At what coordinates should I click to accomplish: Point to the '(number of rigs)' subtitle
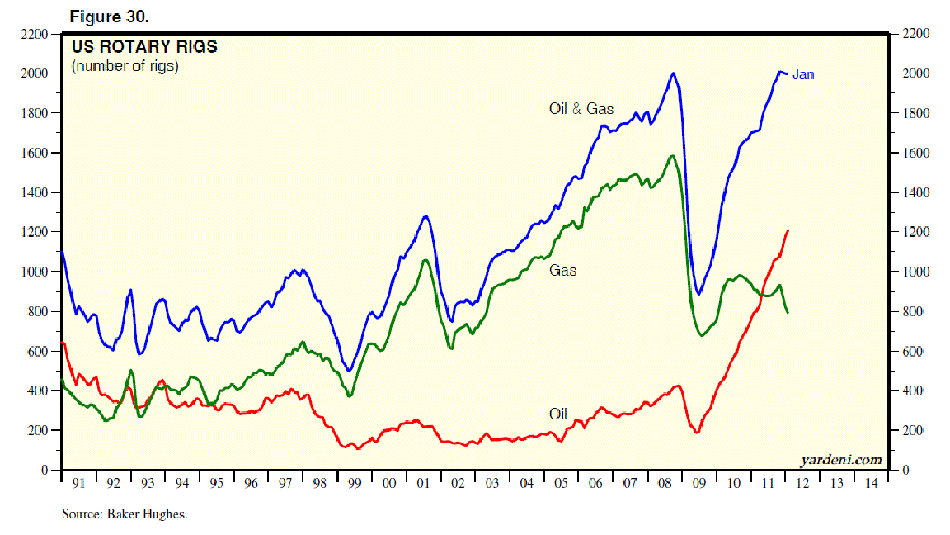click(125, 66)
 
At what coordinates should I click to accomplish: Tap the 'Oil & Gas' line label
click(581, 108)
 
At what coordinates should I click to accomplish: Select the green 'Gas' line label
click(563, 270)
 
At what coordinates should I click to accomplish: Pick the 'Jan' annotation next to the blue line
click(803, 75)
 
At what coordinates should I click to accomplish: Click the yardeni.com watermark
click(840, 460)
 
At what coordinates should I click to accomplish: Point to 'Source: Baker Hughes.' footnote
click(125, 514)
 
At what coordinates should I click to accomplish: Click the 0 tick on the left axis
click(49, 470)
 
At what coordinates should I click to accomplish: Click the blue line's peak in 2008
click(674, 73)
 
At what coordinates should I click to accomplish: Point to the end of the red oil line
click(788, 230)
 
